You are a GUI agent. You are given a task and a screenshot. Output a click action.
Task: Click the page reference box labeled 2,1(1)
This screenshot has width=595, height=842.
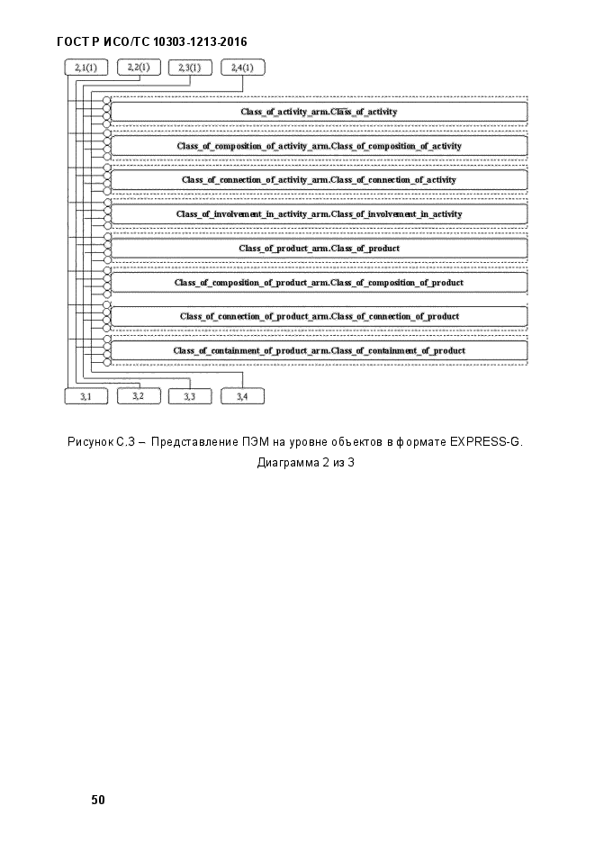point(86,68)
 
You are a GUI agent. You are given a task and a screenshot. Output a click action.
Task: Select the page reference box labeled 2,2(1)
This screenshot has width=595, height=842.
point(139,68)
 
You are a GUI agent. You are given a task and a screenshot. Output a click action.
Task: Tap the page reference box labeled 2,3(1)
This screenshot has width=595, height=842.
point(190,68)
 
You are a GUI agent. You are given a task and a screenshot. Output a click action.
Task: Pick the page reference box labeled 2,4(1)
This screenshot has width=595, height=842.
point(242,68)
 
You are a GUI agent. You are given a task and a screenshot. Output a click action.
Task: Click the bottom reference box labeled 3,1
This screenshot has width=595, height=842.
point(86,396)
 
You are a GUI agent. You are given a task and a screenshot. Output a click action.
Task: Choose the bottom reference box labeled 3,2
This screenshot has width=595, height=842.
point(139,395)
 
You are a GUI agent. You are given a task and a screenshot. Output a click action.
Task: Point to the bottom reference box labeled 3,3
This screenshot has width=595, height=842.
point(190,396)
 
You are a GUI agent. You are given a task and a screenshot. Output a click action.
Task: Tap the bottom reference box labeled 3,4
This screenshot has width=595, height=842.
point(242,396)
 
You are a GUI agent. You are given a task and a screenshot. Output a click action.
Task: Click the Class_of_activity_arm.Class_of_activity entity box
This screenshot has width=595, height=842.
point(319,112)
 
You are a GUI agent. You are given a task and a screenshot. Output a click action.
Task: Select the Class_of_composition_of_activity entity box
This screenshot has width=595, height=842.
point(319,146)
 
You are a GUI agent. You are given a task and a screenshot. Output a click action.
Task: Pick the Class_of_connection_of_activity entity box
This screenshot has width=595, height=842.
point(319,180)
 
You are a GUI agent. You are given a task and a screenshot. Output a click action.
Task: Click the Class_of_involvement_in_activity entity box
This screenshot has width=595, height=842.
point(319,214)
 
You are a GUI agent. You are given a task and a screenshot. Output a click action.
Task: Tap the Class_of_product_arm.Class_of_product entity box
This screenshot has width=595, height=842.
point(319,249)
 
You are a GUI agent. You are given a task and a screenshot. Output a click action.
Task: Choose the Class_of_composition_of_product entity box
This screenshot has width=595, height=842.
point(319,283)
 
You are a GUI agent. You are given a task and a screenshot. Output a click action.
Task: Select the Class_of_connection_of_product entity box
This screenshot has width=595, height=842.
point(319,317)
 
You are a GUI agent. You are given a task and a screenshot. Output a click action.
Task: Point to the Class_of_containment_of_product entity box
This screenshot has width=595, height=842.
point(319,350)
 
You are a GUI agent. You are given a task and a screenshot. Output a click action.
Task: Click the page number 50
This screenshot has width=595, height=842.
point(98,800)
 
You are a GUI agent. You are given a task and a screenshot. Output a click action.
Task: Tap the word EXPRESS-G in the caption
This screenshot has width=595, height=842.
point(485,442)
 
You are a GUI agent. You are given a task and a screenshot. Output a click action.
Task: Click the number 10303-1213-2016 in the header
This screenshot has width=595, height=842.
point(200,42)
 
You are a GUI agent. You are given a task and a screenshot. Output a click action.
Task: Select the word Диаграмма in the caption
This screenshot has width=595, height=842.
point(288,463)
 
